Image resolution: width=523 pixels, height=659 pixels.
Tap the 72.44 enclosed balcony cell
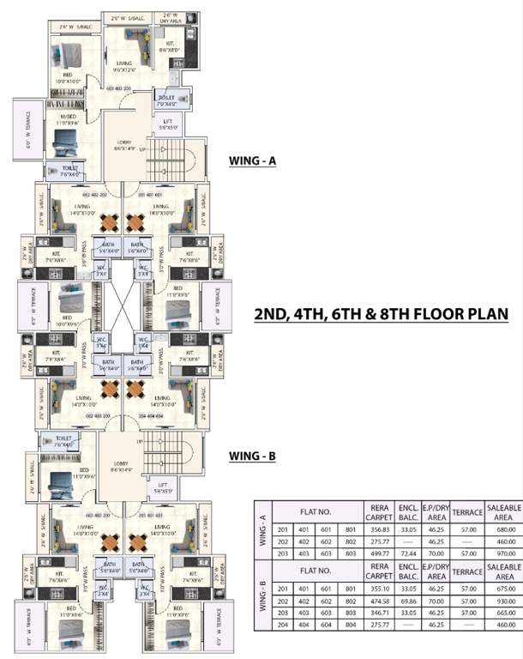(x=408, y=553)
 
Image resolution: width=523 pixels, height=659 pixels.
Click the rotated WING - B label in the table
(x=261, y=602)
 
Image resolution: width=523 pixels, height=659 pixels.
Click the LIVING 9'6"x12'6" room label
(x=124, y=66)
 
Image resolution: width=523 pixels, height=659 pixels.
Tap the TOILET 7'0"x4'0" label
(x=166, y=101)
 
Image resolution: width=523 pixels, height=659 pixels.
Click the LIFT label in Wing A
(x=167, y=124)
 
